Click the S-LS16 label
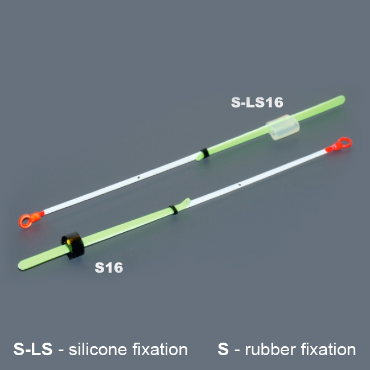tap(257, 102)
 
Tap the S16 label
tap(109, 268)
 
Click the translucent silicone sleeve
tap(283, 127)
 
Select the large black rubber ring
tap(73, 245)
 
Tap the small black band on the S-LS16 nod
tap(204, 153)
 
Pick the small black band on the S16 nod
tap(174, 209)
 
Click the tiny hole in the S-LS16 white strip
tap(139, 177)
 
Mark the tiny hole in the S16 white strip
tap(240, 184)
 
